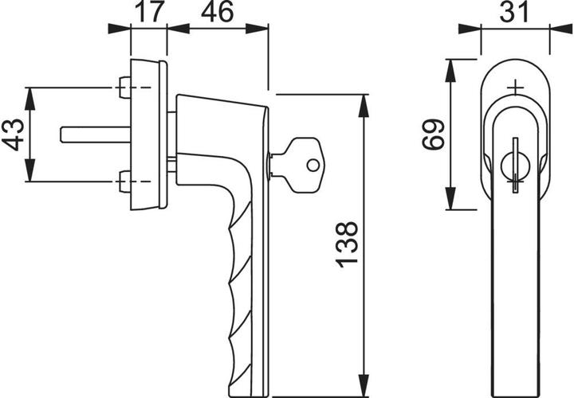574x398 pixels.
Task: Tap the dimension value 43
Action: [13, 135]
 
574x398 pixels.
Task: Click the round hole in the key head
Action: [313, 166]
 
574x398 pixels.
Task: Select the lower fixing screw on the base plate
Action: [124, 182]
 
